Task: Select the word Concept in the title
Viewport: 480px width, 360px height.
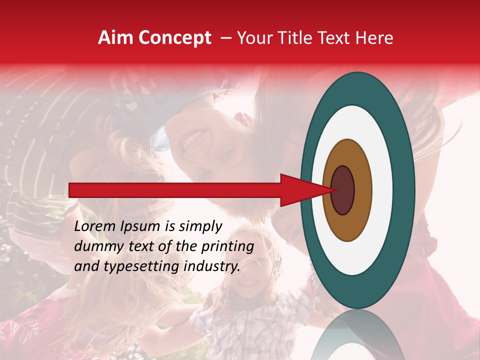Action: pos(175,38)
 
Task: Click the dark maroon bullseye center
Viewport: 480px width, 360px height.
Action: pos(342,190)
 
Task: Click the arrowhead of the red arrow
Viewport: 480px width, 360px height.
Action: pos(300,190)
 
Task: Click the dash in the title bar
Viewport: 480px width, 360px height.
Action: pos(226,38)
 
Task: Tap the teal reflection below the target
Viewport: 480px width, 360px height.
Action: pos(358,335)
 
